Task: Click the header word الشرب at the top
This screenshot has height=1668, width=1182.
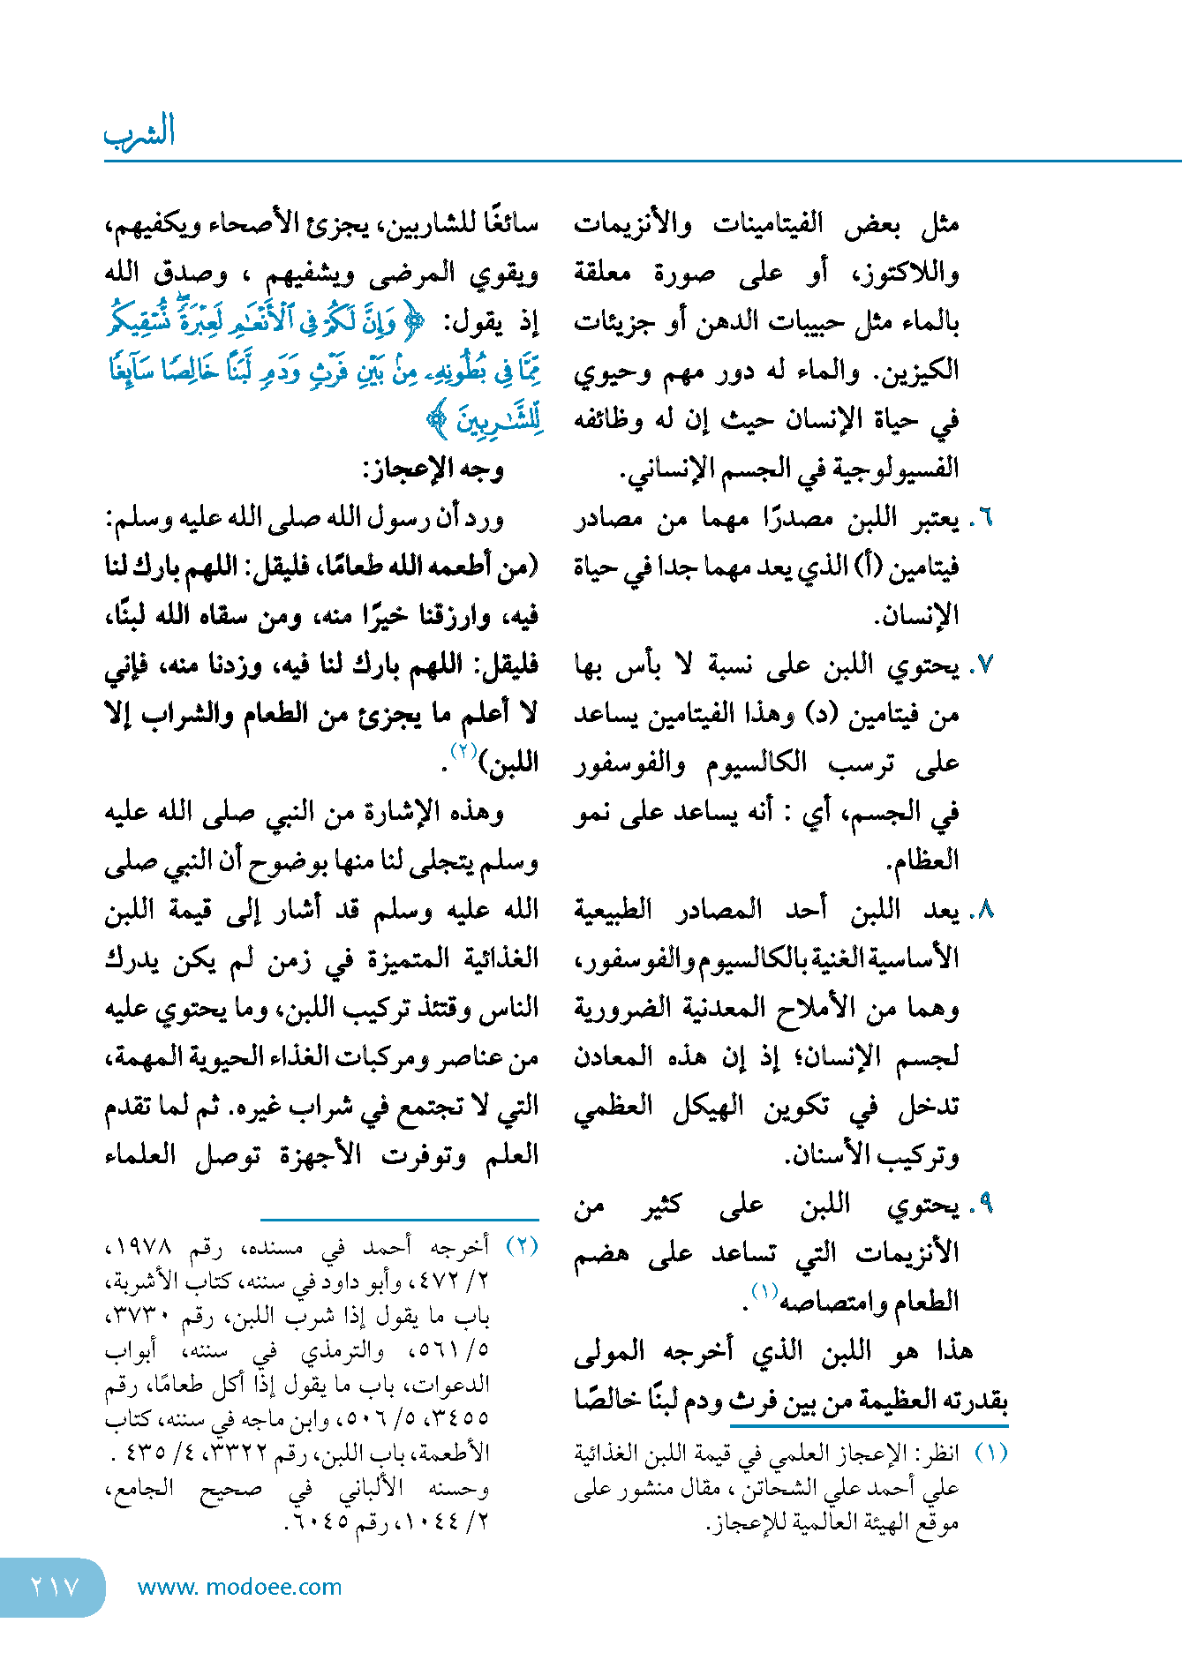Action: [139, 132]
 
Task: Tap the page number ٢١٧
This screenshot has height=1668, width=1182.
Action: [54, 1587]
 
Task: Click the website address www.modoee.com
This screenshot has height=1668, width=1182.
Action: [240, 1587]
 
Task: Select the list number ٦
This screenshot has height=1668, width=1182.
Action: [985, 518]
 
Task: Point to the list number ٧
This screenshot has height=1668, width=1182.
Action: [985, 665]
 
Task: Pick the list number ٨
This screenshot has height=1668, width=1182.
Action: [985, 910]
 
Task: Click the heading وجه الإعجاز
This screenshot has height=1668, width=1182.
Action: [433, 468]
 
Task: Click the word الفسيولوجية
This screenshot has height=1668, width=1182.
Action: [890, 468]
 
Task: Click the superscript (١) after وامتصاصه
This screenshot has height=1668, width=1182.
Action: [764, 1292]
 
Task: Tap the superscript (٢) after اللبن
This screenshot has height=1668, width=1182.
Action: [463, 751]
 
